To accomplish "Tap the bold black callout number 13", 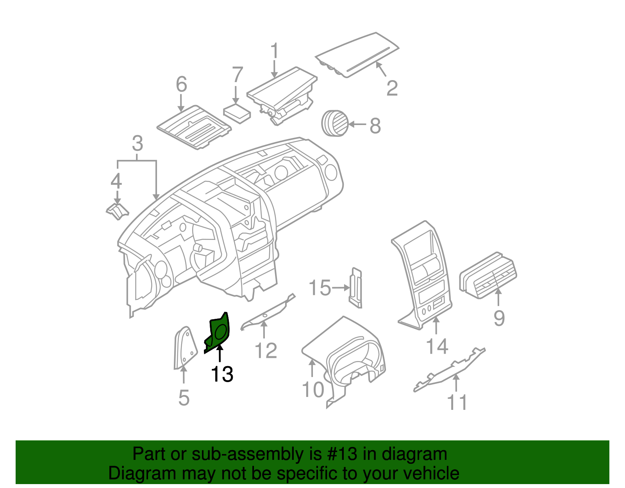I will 222,374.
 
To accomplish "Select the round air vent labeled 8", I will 334,123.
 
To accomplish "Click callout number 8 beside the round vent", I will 375,126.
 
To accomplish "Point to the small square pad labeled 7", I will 237,114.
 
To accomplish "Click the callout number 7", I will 237,75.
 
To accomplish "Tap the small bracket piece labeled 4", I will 117,211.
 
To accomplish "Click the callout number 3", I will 137,144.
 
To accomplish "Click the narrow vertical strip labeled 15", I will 356,288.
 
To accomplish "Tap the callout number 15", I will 320,288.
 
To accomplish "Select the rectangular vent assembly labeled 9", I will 488,275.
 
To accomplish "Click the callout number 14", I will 437,346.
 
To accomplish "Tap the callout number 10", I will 313,390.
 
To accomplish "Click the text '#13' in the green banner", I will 341,454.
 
